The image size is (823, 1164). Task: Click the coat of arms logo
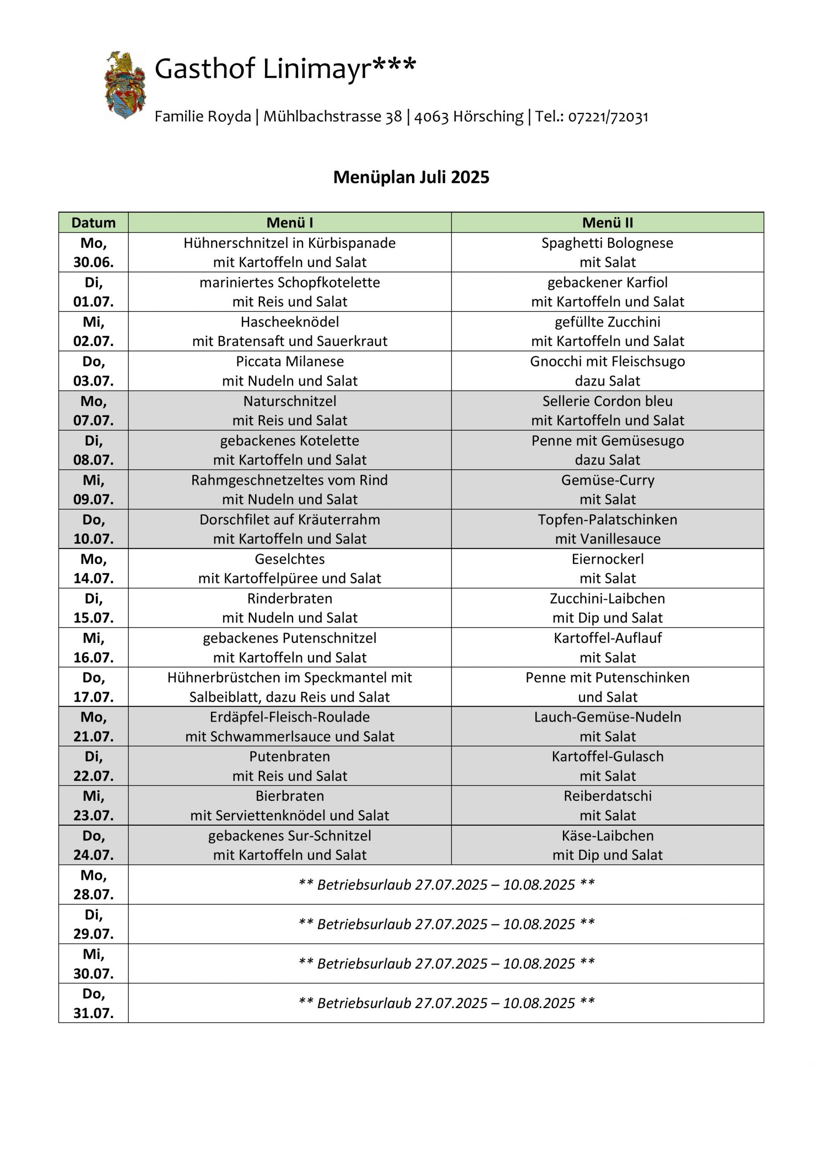click(x=125, y=85)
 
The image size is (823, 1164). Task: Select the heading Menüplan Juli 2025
click(x=411, y=177)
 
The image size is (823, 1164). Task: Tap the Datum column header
click(x=93, y=222)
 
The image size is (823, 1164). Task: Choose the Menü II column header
click(x=607, y=222)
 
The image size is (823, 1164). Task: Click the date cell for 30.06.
click(x=93, y=252)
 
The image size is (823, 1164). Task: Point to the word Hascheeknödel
click(x=290, y=322)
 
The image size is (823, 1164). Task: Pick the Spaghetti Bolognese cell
click(x=607, y=252)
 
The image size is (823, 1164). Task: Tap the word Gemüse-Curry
click(x=607, y=480)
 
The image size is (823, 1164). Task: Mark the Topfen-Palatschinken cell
click(x=607, y=529)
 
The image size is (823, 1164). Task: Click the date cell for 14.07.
click(x=93, y=568)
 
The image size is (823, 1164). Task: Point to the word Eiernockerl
click(x=607, y=559)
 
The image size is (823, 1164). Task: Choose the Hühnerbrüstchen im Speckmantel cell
click(x=290, y=687)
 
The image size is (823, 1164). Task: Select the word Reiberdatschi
click(x=607, y=796)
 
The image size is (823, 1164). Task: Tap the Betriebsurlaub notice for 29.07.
click(x=446, y=924)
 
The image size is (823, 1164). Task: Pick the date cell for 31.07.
click(x=93, y=1003)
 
